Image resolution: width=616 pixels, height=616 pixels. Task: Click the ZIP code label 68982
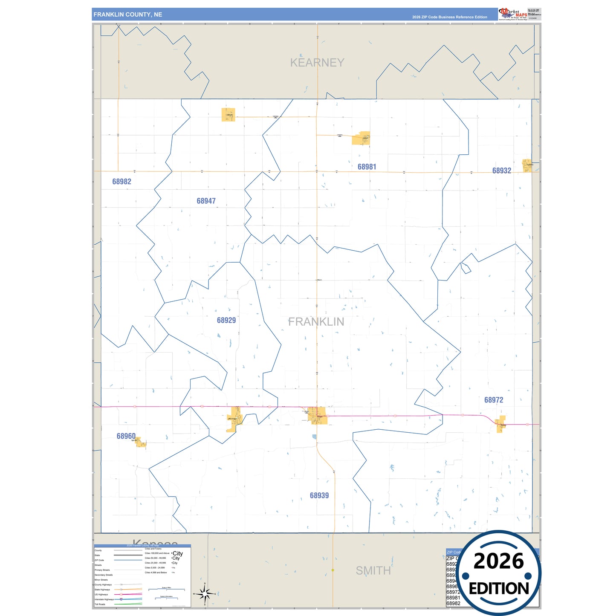[x=121, y=182]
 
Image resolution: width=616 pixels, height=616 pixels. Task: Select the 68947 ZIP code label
[x=206, y=201]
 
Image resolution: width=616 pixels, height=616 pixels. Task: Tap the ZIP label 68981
[x=367, y=167]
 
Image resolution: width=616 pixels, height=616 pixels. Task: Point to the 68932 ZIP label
[x=501, y=171]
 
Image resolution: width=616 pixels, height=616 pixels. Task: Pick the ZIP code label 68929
[x=226, y=320]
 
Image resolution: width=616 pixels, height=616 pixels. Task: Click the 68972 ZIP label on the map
[x=493, y=400]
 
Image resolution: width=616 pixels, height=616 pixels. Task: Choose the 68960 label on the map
[x=126, y=436]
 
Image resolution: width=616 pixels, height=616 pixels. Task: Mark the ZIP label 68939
[x=319, y=495]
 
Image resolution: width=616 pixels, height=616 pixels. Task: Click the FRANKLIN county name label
[x=316, y=322]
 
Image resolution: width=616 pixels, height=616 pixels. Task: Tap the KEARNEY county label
[x=317, y=63]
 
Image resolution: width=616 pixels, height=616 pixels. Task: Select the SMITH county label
[x=373, y=570]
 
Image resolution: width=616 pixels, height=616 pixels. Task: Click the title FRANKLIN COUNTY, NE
[x=127, y=14]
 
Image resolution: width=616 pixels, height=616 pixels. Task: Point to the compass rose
[x=205, y=593]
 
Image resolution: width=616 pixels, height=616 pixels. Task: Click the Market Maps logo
[x=512, y=14]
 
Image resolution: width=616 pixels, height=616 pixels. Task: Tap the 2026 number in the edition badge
[x=498, y=561]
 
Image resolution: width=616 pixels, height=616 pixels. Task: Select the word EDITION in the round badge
[x=498, y=589]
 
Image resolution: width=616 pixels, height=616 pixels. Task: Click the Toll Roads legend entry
[x=100, y=604]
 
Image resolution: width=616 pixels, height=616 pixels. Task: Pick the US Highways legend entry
[x=101, y=594]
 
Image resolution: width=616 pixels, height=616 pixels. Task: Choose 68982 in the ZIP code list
[x=453, y=603]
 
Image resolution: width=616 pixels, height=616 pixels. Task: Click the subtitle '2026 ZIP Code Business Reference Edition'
[x=449, y=17]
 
